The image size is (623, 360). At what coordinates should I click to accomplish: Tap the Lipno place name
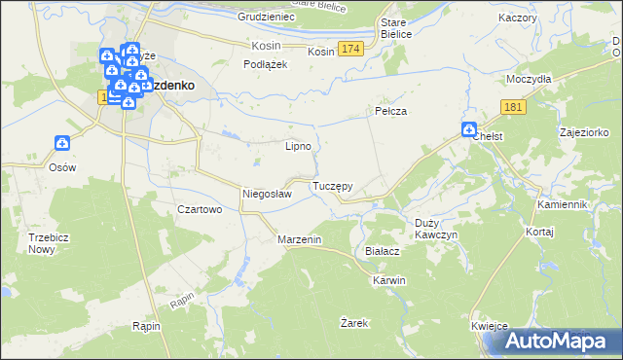(297, 147)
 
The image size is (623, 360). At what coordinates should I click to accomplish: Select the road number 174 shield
(351, 49)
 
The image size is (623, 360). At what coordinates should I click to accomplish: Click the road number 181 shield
(515, 107)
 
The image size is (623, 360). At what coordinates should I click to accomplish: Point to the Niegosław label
(267, 194)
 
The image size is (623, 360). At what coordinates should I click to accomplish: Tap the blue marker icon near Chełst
(468, 128)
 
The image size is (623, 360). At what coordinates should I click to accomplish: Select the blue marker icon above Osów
(62, 144)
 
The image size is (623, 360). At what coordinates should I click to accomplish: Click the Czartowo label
(201, 209)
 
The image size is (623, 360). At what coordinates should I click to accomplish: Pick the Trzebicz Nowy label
(42, 242)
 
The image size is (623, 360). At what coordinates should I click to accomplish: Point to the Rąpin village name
(145, 327)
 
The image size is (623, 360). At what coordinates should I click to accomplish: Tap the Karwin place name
(388, 280)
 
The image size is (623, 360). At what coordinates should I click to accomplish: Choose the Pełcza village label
(390, 112)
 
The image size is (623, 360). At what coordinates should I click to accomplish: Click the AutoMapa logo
(558, 341)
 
